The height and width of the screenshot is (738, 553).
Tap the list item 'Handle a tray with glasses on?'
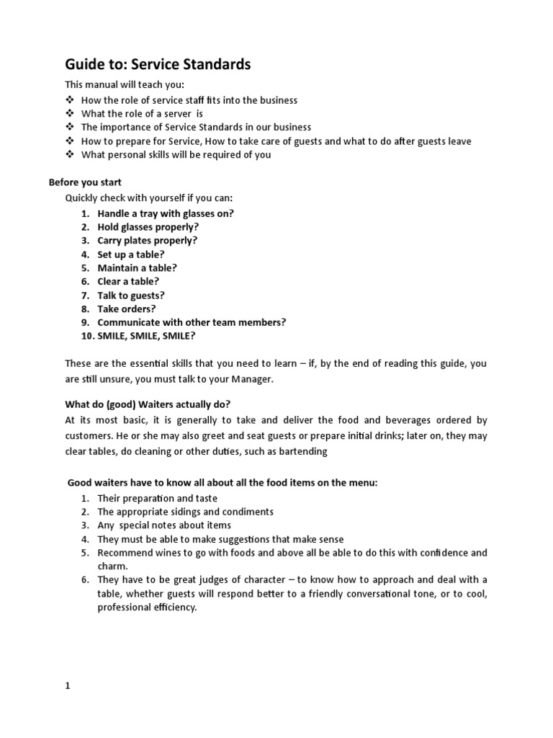click(166, 213)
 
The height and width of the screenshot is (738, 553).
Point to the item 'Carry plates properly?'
click(147, 241)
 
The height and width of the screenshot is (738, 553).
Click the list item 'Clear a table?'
click(128, 281)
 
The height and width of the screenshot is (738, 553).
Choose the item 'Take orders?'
click(127, 308)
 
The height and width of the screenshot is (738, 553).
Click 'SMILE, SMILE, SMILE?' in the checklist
click(146, 336)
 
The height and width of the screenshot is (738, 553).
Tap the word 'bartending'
click(304, 451)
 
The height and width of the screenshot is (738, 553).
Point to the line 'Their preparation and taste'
click(157, 499)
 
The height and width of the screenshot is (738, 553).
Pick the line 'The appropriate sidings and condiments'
click(185, 512)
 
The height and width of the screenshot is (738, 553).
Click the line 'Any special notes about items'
click(164, 525)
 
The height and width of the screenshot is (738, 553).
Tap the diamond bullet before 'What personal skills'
click(70, 155)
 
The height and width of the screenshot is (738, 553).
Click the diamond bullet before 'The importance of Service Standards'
click(70, 128)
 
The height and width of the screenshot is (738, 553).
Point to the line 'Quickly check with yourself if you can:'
click(149, 197)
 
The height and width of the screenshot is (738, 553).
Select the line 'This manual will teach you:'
click(125, 85)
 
